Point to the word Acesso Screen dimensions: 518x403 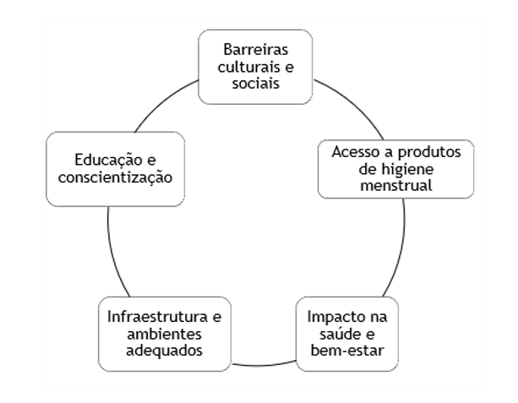click(x=352, y=153)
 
